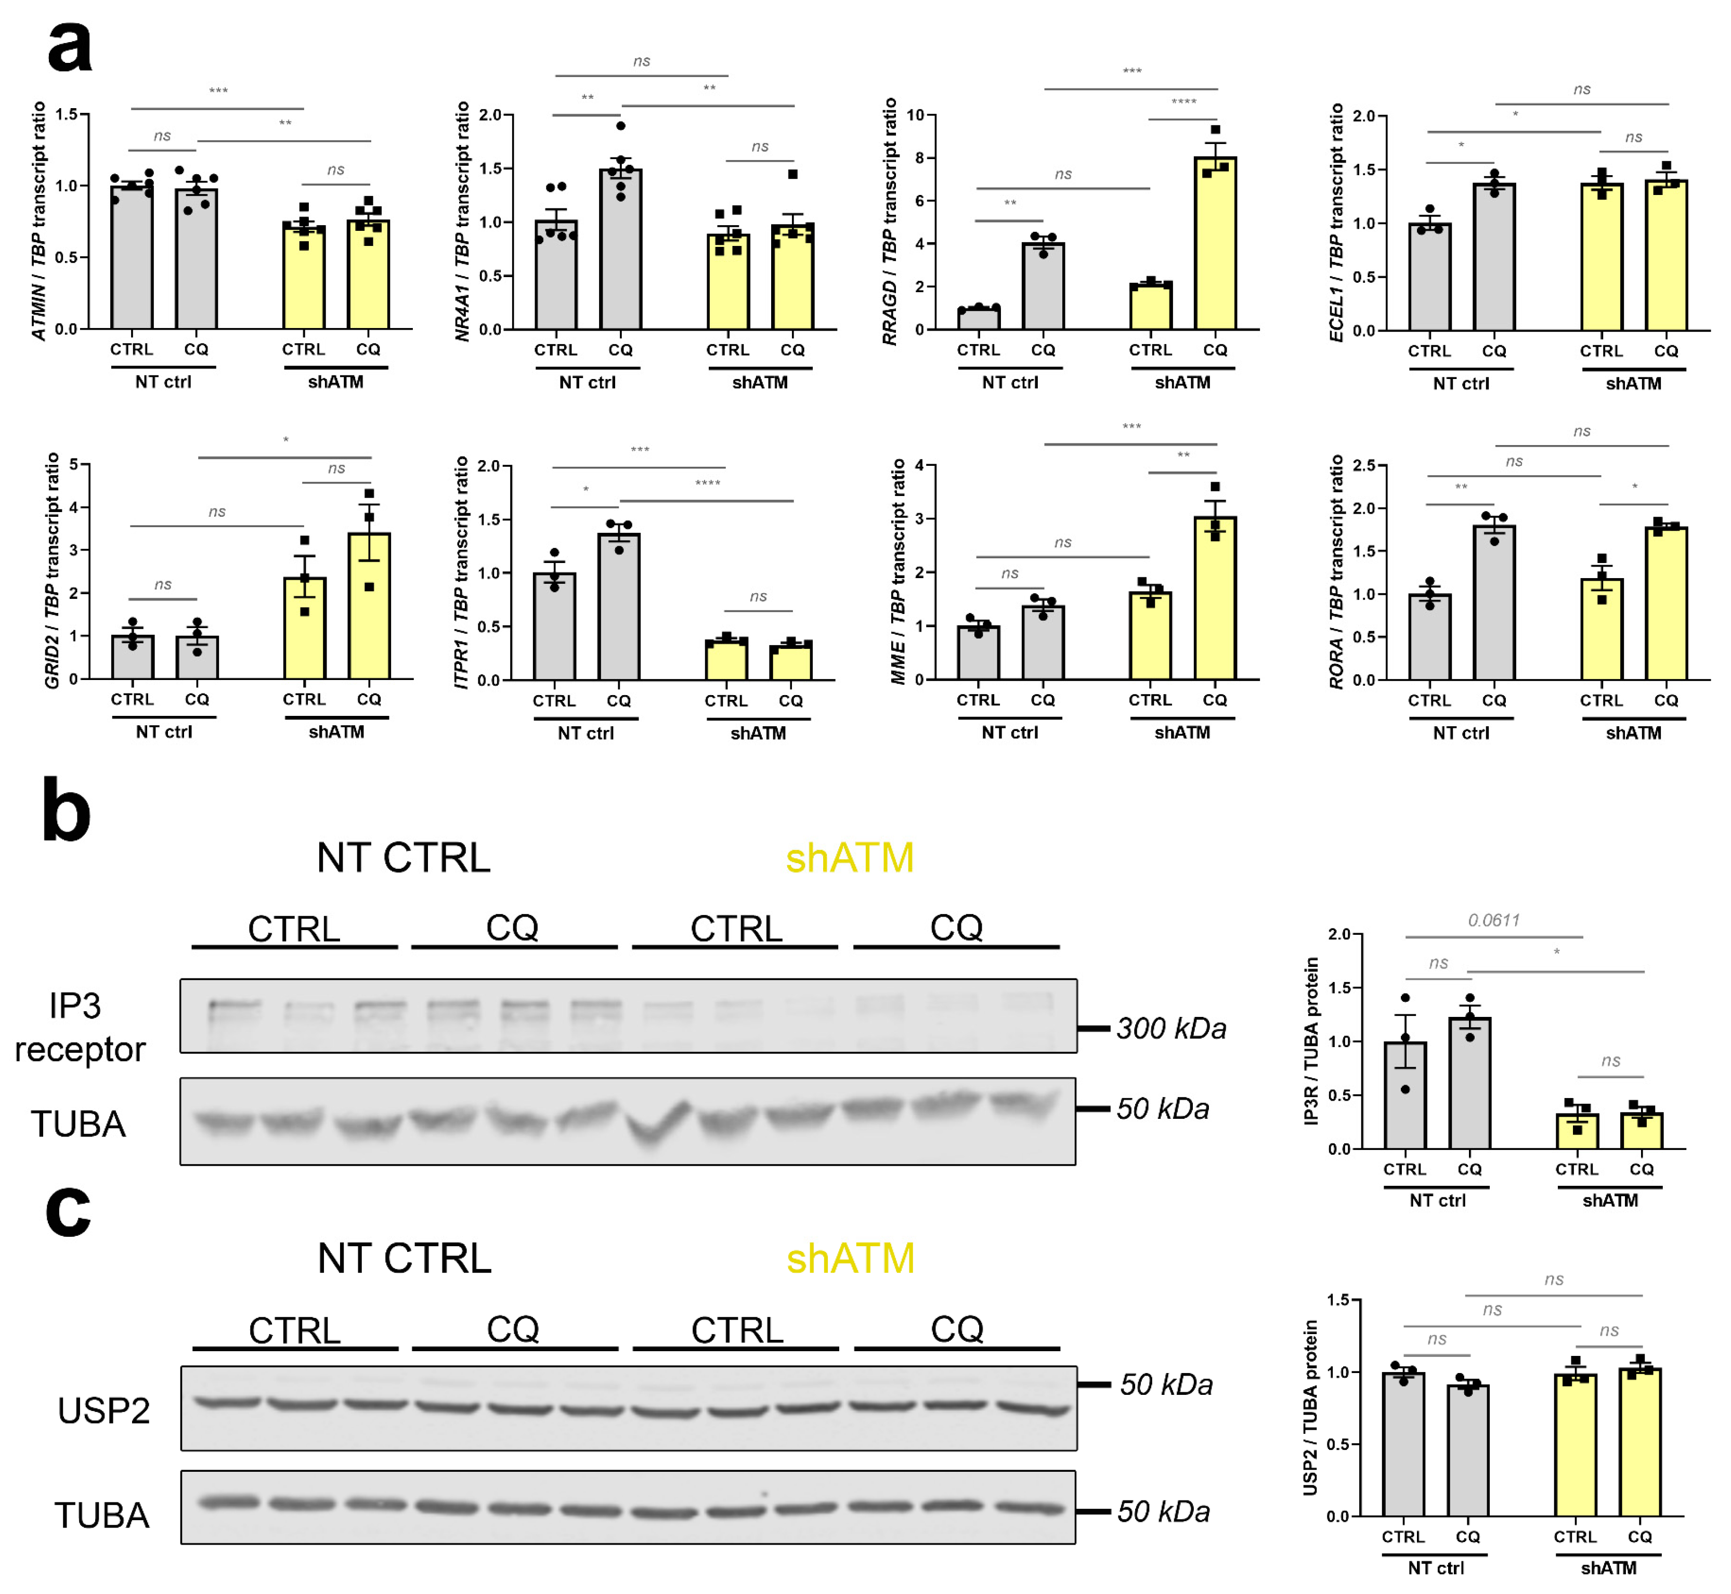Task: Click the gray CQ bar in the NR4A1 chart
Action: pyautogui.click(x=620, y=250)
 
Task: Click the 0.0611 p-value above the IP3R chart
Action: pyautogui.click(x=1494, y=920)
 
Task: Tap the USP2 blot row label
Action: pyautogui.click(x=103, y=1410)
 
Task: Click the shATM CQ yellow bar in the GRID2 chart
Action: pyautogui.click(x=369, y=608)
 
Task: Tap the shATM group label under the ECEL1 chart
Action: pyautogui.click(x=1633, y=384)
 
